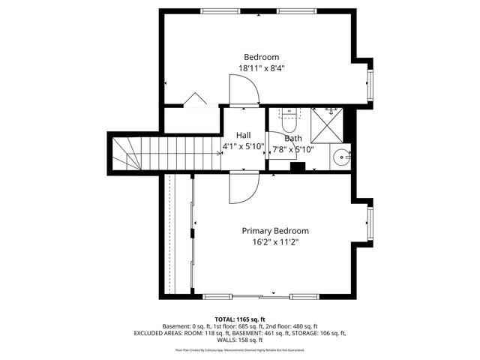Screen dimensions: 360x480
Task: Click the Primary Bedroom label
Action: click(274, 231)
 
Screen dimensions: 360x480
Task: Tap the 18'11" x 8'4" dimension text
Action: click(262, 68)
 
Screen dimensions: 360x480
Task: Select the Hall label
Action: click(244, 135)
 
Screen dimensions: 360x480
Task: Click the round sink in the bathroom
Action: click(343, 157)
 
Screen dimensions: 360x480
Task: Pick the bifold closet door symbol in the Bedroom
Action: click(196, 99)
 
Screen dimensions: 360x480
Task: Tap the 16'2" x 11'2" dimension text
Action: click(274, 242)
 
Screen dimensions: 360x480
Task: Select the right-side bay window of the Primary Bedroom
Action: click(369, 223)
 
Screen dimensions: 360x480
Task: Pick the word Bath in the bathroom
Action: click(293, 138)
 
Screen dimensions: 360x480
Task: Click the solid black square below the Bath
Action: click(297, 168)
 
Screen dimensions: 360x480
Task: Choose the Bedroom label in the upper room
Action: click(262, 57)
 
